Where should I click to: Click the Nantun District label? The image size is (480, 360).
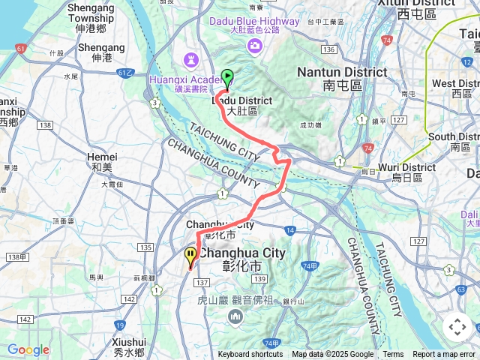pyautogui.click(x=342, y=72)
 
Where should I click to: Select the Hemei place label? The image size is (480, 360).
pyautogui.click(x=102, y=156)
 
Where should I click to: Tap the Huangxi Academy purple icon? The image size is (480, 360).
pyautogui.click(x=187, y=58)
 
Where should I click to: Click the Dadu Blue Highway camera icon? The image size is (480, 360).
pyautogui.click(x=255, y=46)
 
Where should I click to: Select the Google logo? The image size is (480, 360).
pyautogui.click(x=28, y=349)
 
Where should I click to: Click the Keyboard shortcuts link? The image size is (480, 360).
pyautogui.click(x=250, y=355)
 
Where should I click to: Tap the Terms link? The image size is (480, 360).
pyautogui.click(x=393, y=355)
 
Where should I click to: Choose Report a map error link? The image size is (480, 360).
pyautogui.click(x=445, y=355)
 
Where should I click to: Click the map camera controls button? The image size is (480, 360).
pyautogui.click(x=457, y=327)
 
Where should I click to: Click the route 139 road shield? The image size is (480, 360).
pyautogui.click(x=259, y=279)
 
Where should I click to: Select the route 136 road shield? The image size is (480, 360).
pyautogui.click(x=327, y=49)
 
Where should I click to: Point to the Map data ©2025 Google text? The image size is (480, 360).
pyautogui.click(x=332, y=355)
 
